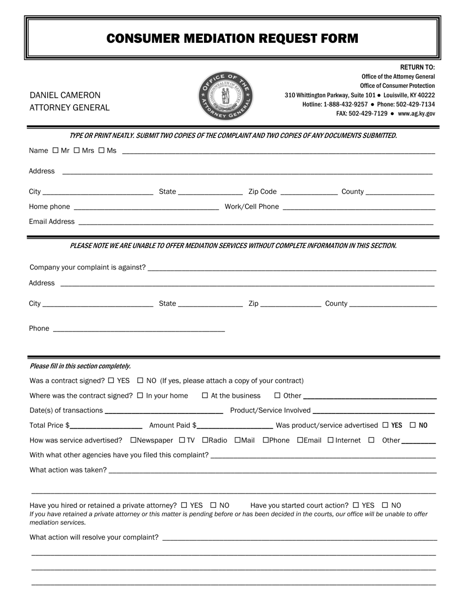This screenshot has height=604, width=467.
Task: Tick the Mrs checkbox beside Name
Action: (x=77, y=150)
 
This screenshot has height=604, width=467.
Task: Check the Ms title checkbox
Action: (x=101, y=150)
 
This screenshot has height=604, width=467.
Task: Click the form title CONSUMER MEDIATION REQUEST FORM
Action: (x=233, y=38)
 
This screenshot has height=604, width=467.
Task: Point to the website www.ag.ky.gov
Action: (x=416, y=113)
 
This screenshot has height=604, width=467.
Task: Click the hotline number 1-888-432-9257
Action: (x=346, y=105)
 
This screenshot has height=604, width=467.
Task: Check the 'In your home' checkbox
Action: (x=140, y=395)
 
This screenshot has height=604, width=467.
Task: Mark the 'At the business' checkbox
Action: (x=205, y=395)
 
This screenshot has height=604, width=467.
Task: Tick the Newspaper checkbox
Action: (x=133, y=440)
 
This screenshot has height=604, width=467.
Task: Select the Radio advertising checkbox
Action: (x=205, y=440)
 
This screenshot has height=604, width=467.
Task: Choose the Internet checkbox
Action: (x=330, y=440)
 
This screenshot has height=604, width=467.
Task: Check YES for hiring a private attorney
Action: (x=184, y=505)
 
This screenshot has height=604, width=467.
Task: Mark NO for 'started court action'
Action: (x=385, y=505)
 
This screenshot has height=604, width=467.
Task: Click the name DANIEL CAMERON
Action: (x=65, y=95)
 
